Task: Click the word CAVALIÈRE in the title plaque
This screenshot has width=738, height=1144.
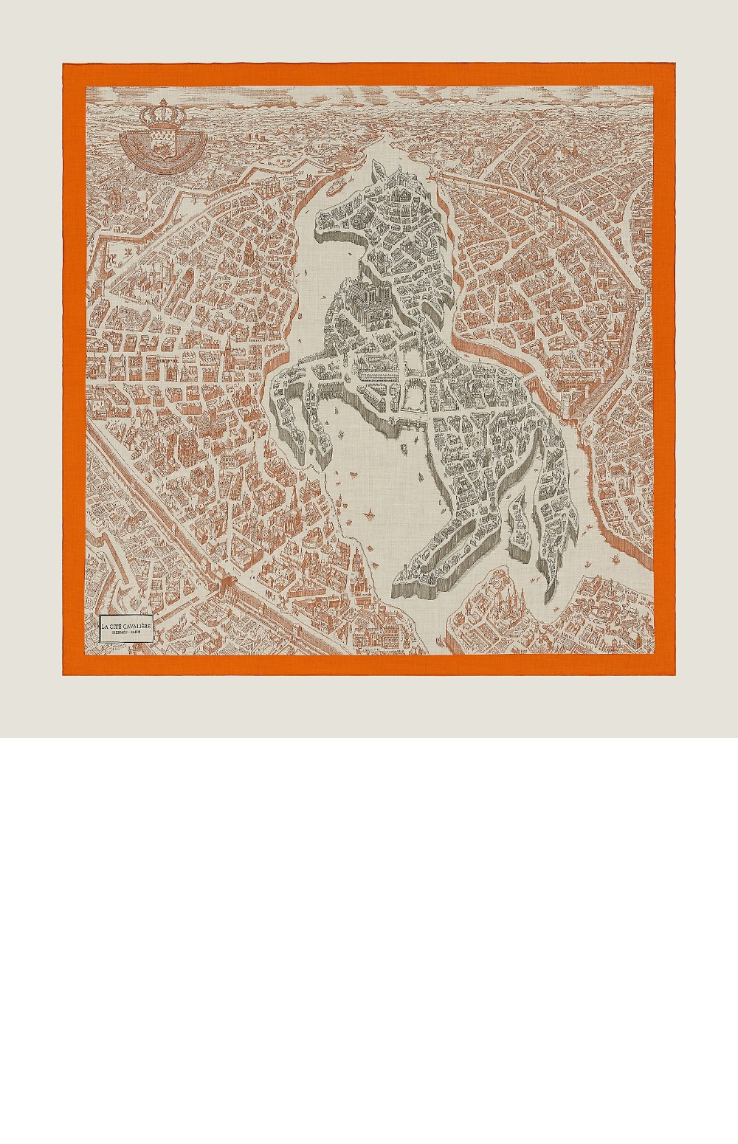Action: coord(134,626)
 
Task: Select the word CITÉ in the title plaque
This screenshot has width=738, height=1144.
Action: coord(117,626)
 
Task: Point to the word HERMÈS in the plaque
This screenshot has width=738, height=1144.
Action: coord(117,633)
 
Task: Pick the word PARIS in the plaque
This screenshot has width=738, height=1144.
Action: coord(138,633)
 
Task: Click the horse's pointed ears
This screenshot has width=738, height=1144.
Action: coord(388,171)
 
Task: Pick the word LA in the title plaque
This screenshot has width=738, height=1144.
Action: coord(105,626)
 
